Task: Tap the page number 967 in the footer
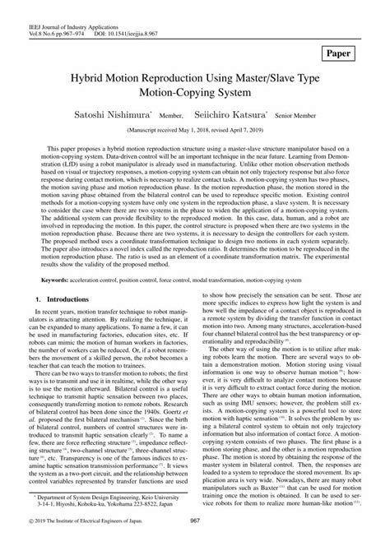[x=195, y=543]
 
